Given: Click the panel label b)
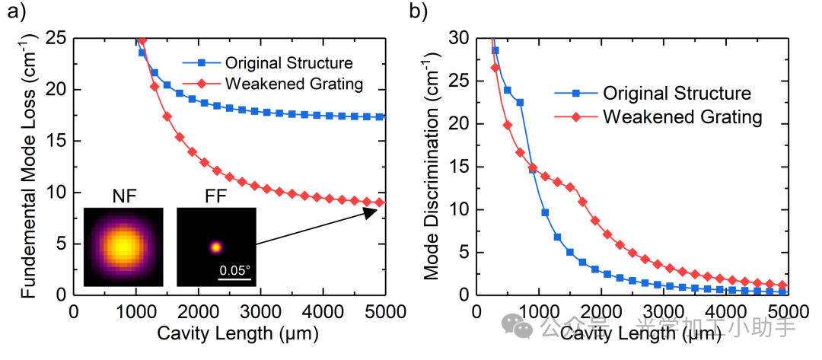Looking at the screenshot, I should pos(419,13).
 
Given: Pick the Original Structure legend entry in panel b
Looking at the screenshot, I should pos(677,93).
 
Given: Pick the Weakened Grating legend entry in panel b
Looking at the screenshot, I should pos(682,116).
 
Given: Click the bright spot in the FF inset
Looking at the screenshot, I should pos(216,247).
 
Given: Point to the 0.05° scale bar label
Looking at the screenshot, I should pos(234,269).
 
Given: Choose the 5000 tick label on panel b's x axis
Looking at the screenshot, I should pos(788,311).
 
